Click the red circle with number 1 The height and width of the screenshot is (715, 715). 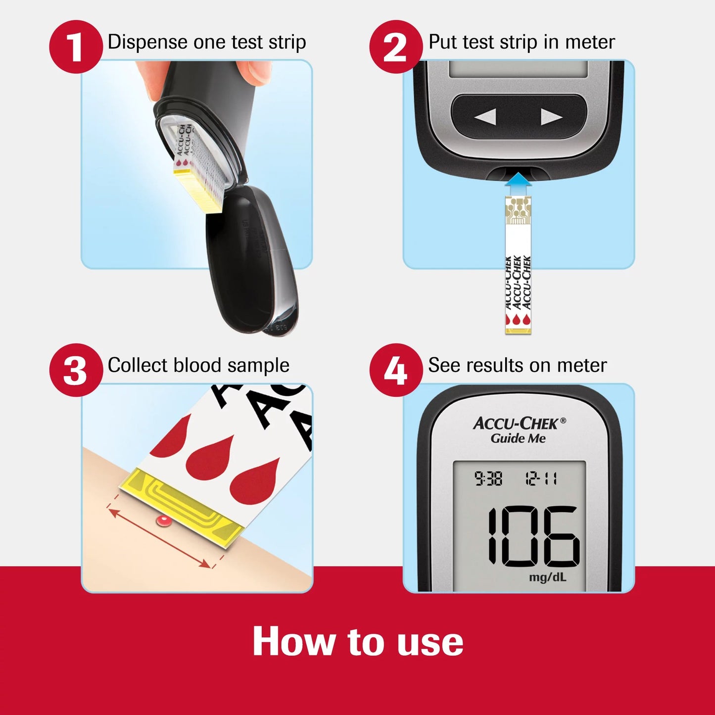click(x=75, y=47)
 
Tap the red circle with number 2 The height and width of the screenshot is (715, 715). click(x=395, y=47)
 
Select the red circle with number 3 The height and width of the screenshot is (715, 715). click(x=75, y=370)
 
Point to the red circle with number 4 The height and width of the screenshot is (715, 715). click(x=395, y=370)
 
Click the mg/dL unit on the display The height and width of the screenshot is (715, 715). click(x=547, y=577)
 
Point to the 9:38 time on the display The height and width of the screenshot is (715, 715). click(x=488, y=478)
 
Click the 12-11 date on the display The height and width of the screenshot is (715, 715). click(x=541, y=478)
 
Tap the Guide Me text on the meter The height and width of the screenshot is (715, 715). click(x=518, y=438)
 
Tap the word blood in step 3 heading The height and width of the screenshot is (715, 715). click(x=197, y=366)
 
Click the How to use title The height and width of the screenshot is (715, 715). click(x=357, y=642)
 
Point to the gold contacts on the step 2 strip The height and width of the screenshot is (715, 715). click(x=518, y=210)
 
